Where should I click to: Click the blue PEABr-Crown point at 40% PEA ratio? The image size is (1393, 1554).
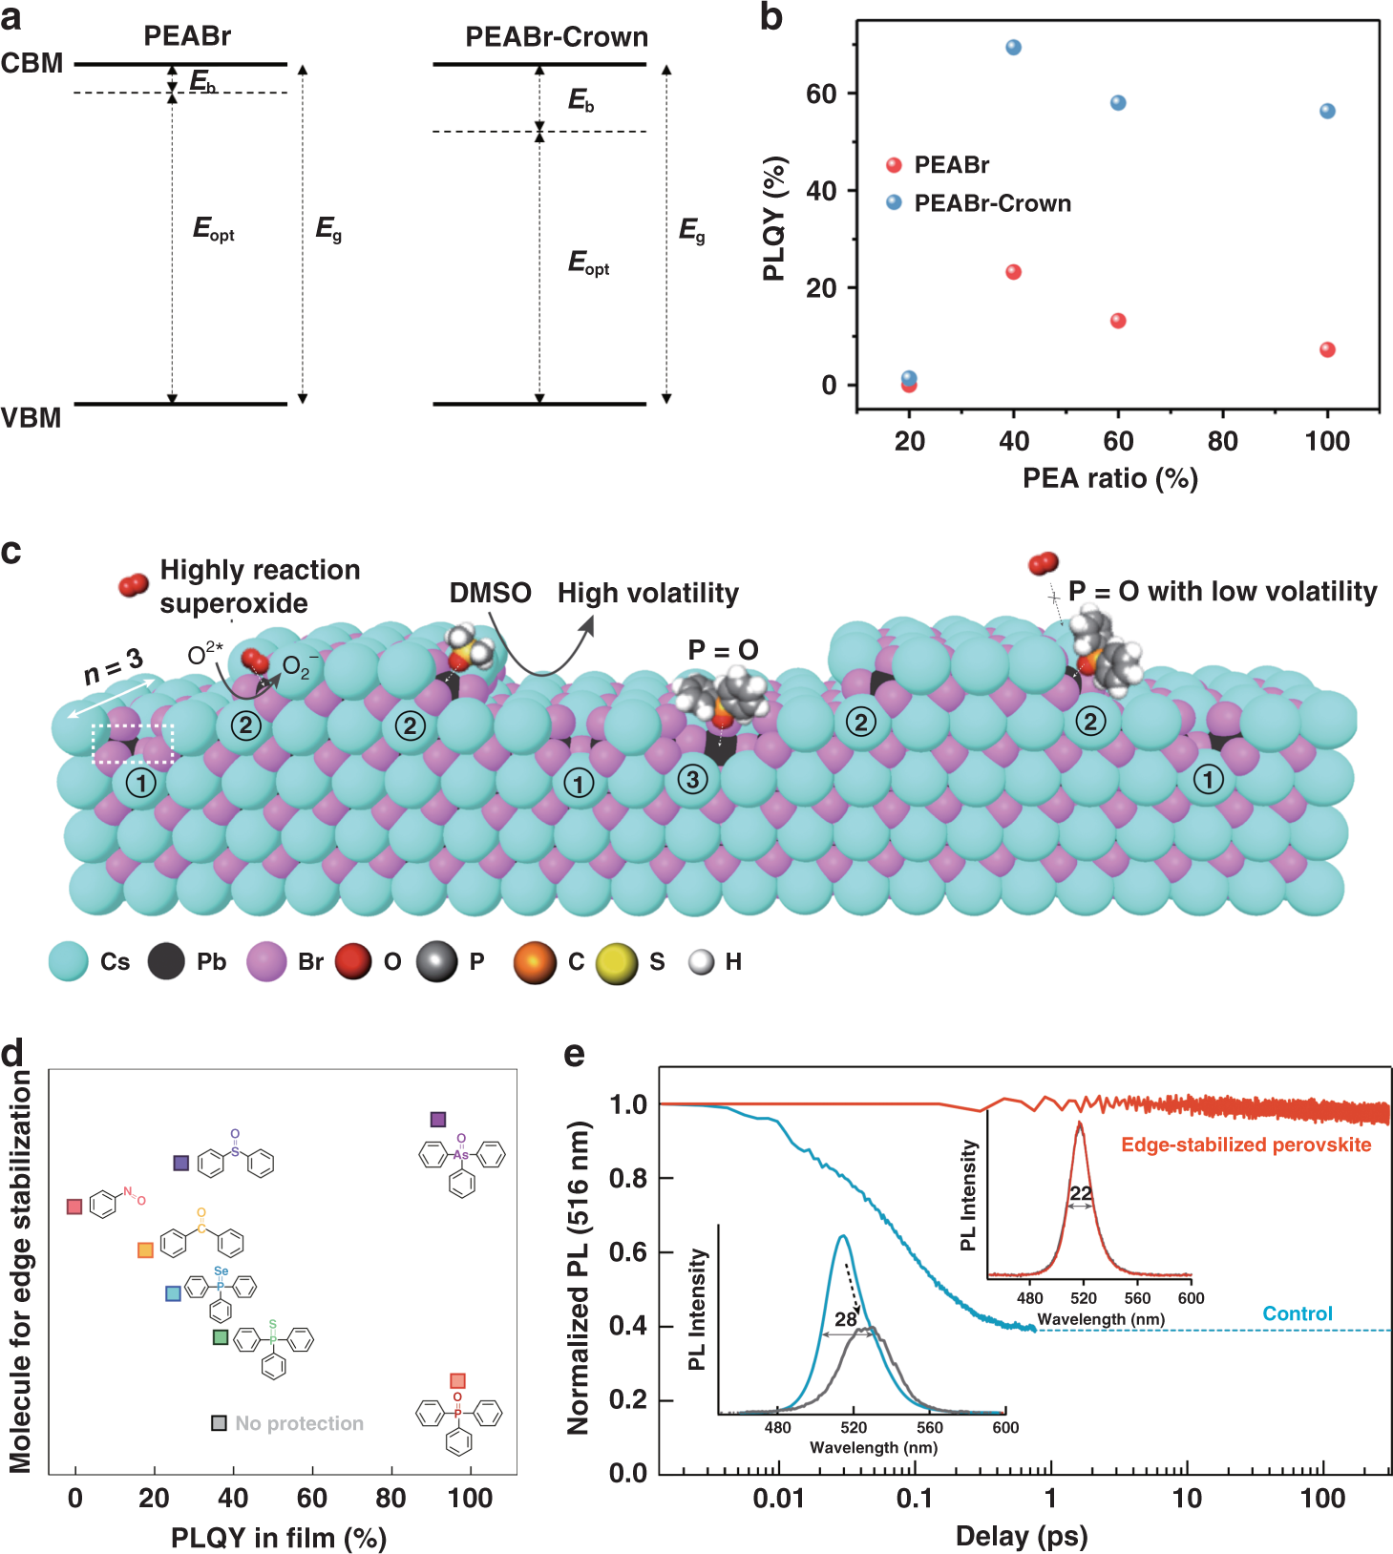click(x=1013, y=48)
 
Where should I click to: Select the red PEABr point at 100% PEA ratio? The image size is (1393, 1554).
click(x=1327, y=349)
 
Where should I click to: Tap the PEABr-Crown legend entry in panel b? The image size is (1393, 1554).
click(x=992, y=203)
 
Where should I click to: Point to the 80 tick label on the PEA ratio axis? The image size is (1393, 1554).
click(x=1222, y=441)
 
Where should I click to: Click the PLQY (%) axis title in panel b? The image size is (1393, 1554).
click(x=774, y=219)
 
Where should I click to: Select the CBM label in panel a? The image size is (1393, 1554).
click(x=32, y=64)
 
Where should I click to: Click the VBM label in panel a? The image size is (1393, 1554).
click(x=31, y=418)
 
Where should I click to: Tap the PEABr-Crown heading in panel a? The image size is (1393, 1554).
click(x=556, y=37)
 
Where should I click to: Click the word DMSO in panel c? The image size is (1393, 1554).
click(x=490, y=593)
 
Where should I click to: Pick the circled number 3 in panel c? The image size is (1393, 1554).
click(x=693, y=780)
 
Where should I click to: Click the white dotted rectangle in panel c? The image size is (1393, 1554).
click(x=133, y=744)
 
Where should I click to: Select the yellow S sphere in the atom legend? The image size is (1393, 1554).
click(x=617, y=963)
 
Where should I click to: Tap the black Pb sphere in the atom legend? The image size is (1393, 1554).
click(x=166, y=961)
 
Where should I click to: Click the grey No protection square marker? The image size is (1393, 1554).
click(x=219, y=1423)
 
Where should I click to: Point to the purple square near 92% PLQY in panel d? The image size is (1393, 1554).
click(x=438, y=1120)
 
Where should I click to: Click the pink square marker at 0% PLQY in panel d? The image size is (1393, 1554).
click(x=74, y=1207)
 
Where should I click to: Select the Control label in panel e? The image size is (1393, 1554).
click(x=1297, y=1313)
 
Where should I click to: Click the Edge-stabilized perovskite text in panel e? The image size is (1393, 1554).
click(x=1245, y=1144)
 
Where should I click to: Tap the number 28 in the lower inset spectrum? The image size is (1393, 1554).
click(x=845, y=1319)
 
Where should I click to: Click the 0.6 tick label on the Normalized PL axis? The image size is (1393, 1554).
click(x=628, y=1251)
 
